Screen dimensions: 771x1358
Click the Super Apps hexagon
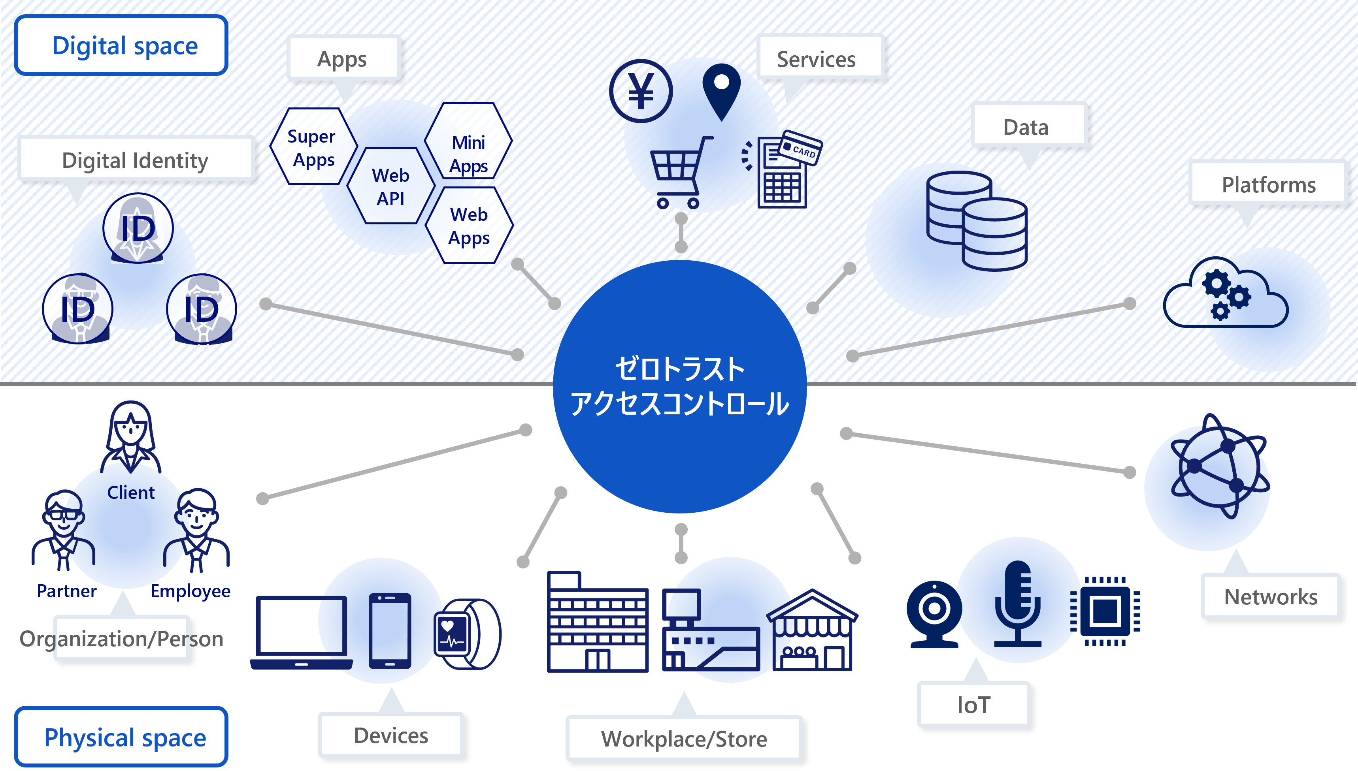point(313,147)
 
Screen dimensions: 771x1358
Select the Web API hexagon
point(391,186)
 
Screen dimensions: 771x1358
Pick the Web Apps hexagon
point(469,226)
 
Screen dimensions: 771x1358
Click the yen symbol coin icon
point(641,91)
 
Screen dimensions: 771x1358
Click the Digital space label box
point(121,45)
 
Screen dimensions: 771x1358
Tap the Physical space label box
point(121,737)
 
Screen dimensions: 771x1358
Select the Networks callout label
point(1271,597)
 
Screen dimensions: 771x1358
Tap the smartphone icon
point(389,630)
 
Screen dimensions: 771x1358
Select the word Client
point(130,493)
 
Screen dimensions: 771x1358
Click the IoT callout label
point(973,705)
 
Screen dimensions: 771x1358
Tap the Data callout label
point(1026,127)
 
